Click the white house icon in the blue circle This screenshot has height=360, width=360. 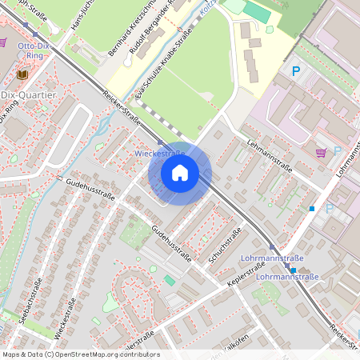[180, 172]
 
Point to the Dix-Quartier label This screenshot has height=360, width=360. [28, 94]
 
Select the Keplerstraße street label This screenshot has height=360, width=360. [246, 273]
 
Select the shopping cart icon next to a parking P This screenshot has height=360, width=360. [321, 152]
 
